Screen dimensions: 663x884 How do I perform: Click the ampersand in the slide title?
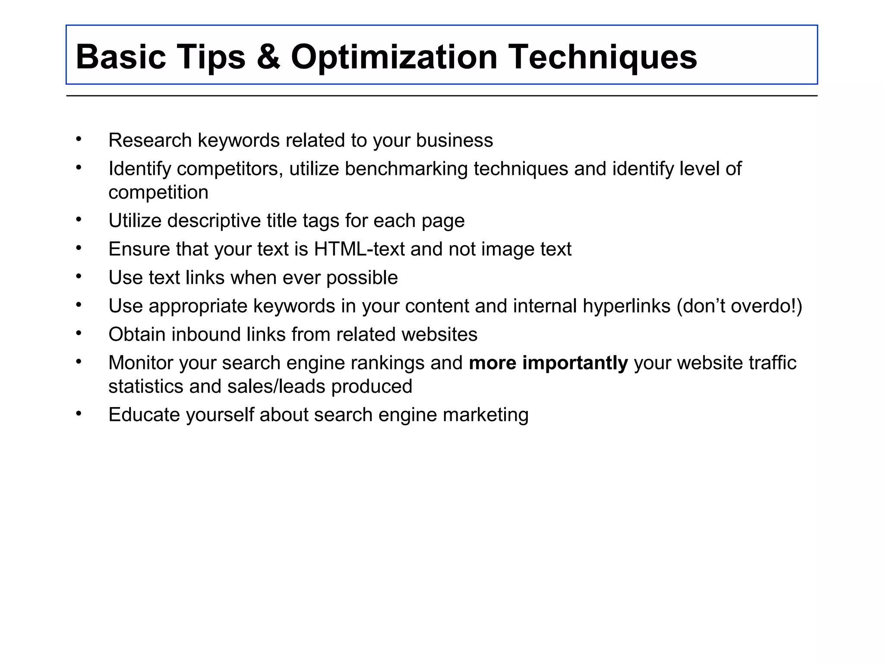pos(268,57)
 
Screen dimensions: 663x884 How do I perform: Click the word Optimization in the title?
pos(394,57)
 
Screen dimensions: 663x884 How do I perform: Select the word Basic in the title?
pos(121,57)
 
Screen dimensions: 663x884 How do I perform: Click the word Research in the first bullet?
pos(150,140)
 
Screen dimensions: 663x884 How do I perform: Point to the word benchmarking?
pos(406,169)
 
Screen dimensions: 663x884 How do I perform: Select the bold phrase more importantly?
pos(548,363)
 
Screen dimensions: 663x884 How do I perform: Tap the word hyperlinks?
pos(626,306)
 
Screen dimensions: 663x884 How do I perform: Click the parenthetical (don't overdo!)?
pos(739,306)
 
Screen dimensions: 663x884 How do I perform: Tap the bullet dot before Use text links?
pos(78,276)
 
